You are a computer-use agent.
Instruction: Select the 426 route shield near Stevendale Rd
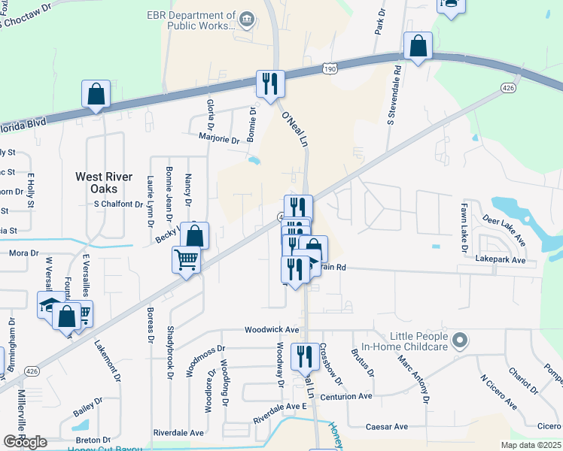pyautogui.click(x=509, y=89)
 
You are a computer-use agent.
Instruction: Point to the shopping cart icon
pyautogui.click(x=186, y=261)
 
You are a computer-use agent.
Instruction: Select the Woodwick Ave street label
pyautogui.click(x=272, y=330)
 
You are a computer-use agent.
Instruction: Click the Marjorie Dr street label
pyautogui.click(x=218, y=139)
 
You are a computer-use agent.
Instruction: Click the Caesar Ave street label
pyautogui.click(x=386, y=427)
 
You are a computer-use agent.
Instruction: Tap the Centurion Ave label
pyautogui.click(x=346, y=396)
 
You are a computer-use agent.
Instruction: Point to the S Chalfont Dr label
pyautogui.click(x=118, y=204)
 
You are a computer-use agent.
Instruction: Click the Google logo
pyautogui.click(x=25, y=442)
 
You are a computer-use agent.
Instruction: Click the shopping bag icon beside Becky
pyautogui.click(x=195, y=236)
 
